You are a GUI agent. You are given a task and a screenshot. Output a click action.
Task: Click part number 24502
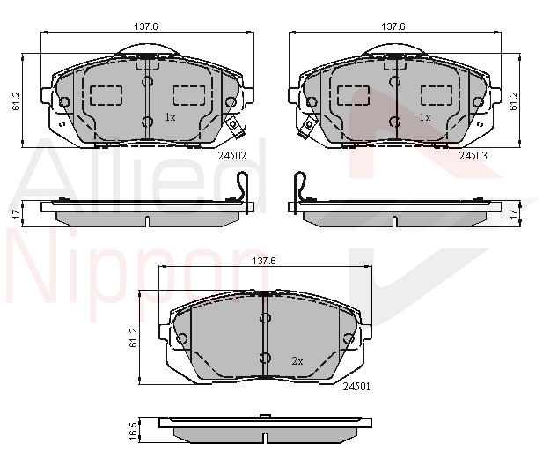point(231,156)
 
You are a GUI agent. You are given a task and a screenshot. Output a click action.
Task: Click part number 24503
point(473,156)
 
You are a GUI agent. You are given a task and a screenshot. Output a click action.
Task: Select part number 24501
point(356,387)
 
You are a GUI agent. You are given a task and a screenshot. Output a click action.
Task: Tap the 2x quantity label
point(297,361)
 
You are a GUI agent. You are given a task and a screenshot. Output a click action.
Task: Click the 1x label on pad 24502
point(170,117)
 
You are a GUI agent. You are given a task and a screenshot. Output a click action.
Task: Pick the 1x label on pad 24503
point(425,117)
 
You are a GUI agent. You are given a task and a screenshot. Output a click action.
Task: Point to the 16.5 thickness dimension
point(134,430)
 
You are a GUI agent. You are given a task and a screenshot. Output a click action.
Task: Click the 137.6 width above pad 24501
point(264,261)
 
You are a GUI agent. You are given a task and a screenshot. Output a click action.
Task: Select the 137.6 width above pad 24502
point(146,26)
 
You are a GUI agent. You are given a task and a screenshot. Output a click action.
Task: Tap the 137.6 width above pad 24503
point(393,26)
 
